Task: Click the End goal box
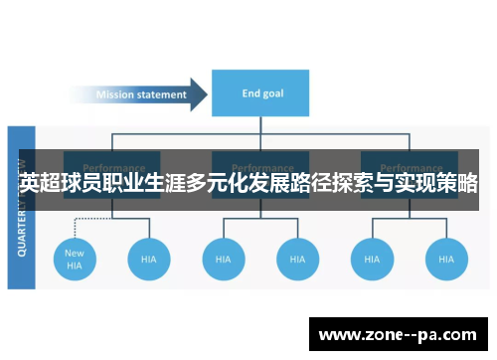click(263, 93)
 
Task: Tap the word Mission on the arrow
click(114, 94)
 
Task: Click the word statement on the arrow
click(159, 94)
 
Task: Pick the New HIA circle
click(75, 259)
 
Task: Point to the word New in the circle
click(75, 253)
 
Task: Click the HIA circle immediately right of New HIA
click(149, 259)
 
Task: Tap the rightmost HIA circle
click(445, 259)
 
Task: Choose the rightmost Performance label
click(410, 167)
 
